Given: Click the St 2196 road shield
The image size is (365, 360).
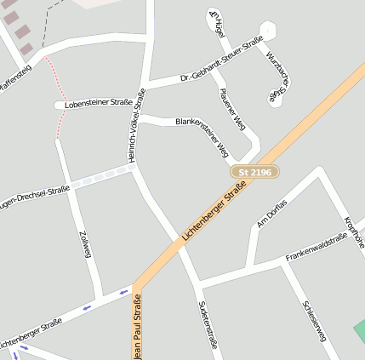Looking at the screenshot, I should coord(254,172).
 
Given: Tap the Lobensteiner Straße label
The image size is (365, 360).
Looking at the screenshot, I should coord(99,104).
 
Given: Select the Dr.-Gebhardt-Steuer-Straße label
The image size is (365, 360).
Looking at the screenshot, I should coord(221,60).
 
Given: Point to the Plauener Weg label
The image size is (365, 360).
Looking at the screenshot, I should coord(232,109).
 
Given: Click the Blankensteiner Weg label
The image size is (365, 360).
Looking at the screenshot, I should coord(202,136).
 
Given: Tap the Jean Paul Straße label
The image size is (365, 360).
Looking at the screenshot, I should coord(138,327).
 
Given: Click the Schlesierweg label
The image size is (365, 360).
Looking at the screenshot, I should coord(315,321).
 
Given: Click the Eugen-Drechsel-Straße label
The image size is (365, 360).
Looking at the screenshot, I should coord(34,195).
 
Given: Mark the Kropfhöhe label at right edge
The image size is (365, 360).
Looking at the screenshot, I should coord(353,231).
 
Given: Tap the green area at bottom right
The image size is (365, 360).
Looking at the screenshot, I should coord(359,333).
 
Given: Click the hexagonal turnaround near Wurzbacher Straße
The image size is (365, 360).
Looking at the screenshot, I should coord(268,31).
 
